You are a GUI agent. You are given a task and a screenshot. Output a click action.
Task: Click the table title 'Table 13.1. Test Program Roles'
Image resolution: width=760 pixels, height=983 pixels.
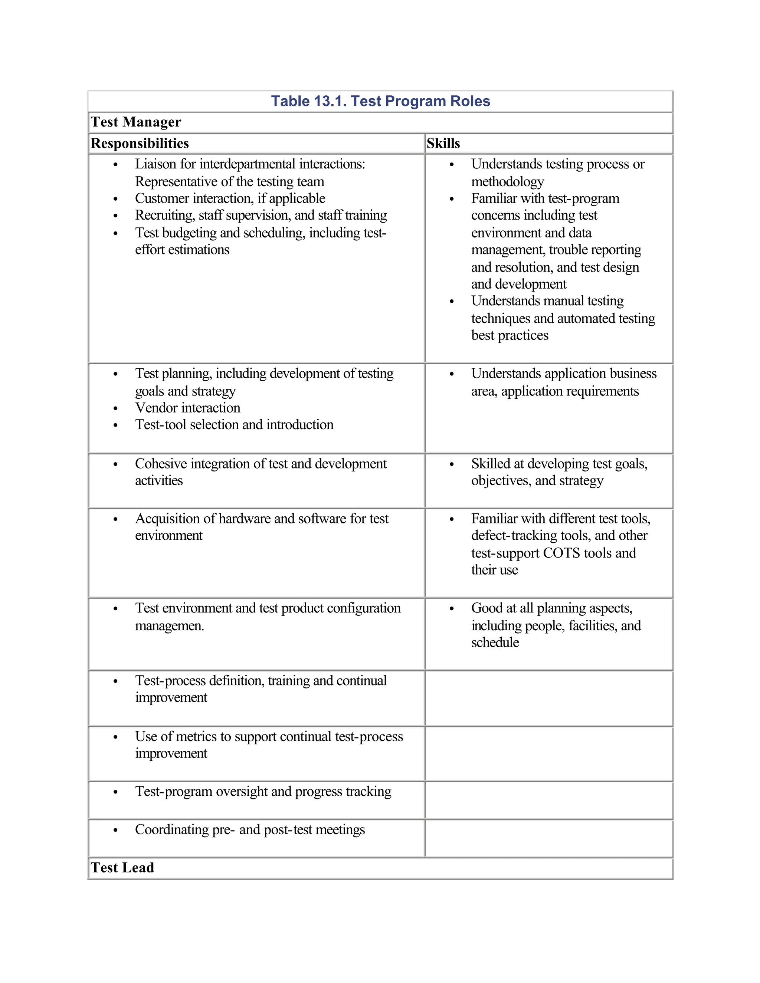pos(380,101)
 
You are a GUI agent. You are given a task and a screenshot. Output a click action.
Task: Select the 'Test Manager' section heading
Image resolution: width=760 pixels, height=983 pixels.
pos(135,122)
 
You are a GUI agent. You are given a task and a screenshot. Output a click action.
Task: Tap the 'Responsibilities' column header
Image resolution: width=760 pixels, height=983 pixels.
pos(140,143)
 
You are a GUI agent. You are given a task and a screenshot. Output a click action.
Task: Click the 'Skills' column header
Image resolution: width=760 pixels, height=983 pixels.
pos(443,143)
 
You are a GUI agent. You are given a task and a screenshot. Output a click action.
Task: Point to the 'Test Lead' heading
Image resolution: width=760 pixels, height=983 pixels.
pos(122,867)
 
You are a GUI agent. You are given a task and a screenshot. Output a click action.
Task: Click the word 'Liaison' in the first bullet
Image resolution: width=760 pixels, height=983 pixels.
pos(156,164)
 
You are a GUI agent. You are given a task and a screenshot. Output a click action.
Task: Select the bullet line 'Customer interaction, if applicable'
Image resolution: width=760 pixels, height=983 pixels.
pos(230,198)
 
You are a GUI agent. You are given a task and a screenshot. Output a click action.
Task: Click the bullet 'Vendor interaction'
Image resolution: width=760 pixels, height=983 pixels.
pos(187,407)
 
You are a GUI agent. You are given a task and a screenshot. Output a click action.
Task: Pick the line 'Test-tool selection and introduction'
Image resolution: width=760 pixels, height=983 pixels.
pos(234,424)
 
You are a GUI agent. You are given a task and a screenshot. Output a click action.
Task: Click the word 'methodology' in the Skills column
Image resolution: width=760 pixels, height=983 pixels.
pos(507,181)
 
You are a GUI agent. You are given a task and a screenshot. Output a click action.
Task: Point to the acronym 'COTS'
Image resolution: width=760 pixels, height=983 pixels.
pos(562,553)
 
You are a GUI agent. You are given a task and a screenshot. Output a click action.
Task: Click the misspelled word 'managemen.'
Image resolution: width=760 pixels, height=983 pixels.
pos(169,626)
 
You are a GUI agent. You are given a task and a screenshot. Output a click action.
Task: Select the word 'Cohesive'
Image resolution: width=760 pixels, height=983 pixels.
pos(160,464)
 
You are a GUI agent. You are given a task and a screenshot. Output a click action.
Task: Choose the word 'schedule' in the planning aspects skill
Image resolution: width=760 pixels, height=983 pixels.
pos(495,642)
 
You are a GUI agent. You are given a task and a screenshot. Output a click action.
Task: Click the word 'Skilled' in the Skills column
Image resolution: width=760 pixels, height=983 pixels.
pos(492,464)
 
